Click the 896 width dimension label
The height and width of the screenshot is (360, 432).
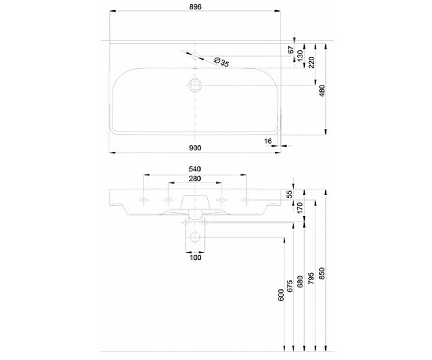click(195, 7)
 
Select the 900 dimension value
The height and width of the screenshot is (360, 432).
click(195, 148)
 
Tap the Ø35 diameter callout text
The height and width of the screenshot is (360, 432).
click(222, 62)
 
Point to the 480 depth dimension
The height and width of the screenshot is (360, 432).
click(322, 90)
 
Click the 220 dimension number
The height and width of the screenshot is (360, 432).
click(311, 62)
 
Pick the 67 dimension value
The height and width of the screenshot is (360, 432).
click(291, 50)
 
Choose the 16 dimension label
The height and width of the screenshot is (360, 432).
click(267, 141)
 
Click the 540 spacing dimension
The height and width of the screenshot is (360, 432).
click(195, 169)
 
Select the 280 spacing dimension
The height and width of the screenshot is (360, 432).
click(195, 179)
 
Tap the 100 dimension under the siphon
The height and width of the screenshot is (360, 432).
click(195, 258)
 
